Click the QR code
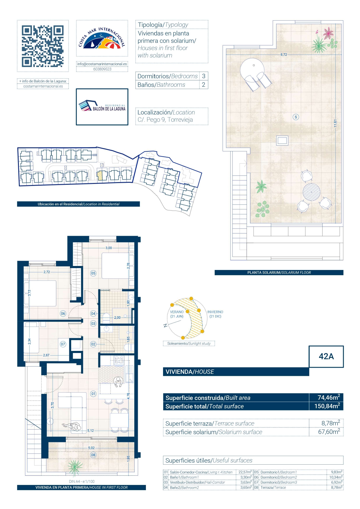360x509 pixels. [43, 46]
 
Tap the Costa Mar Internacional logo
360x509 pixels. [102, 38]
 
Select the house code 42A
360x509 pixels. [326, 356]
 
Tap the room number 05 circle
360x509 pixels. [93, 273]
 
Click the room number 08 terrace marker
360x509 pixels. [93, 455]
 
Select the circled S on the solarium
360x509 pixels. [296, 117]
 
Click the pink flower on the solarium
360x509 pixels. [328, 33]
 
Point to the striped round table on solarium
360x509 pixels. [311, 192]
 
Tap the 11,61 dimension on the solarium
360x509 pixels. [335, 123]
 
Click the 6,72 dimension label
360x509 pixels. [284, 55]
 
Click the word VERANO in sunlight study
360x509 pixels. [177, 312]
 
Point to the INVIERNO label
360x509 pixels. [215, 312]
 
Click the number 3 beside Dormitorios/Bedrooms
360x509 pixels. [204, 76]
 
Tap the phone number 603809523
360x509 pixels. [102, 69]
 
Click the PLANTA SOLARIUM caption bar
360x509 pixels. [279, 273]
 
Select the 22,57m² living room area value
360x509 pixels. [245, 472]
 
